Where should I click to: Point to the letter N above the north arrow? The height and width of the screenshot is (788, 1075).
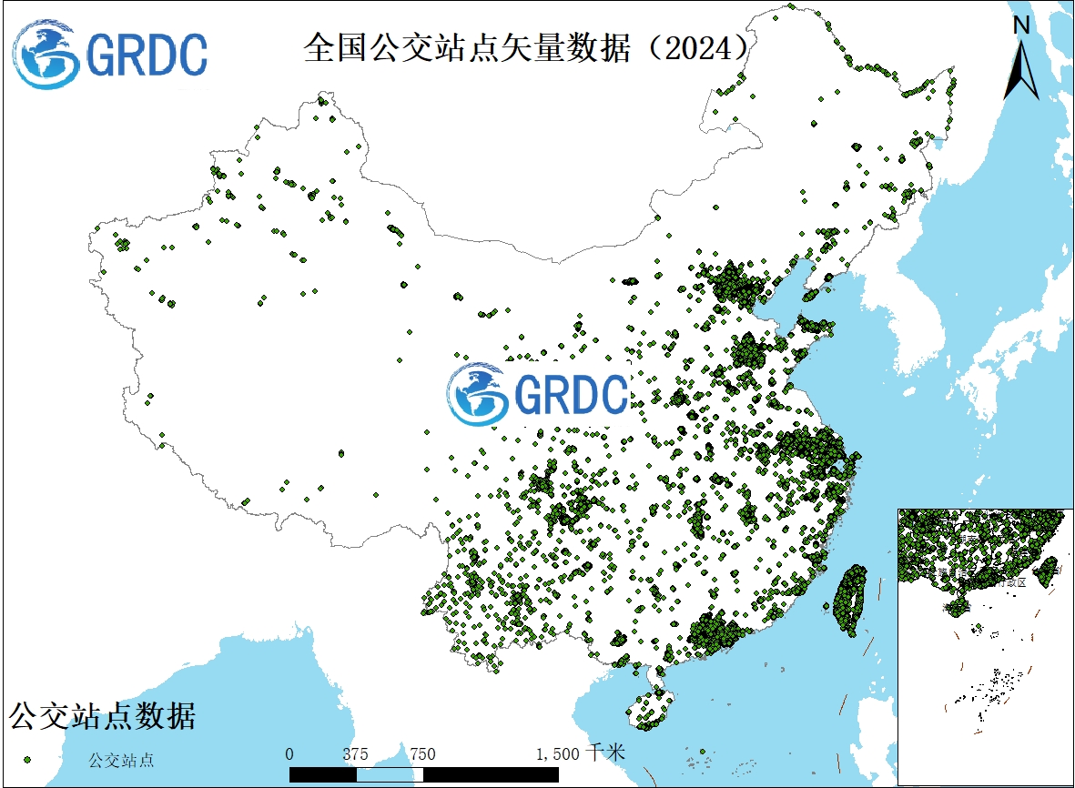point(1021,26)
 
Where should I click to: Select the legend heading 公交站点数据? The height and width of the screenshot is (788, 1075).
point(102,716)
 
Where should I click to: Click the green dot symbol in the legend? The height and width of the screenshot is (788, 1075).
point(27,758)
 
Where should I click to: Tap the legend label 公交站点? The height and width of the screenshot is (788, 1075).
point(121,759)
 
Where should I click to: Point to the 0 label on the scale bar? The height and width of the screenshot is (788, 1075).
point(289,754)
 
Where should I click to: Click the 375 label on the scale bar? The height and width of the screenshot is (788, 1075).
point(355,754)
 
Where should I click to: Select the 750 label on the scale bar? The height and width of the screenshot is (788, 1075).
point(422,754)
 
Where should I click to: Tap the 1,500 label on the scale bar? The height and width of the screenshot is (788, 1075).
point(557,754)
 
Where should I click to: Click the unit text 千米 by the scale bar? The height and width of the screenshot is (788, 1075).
point(607,753)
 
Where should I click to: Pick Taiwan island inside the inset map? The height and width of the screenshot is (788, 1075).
point(1048,570)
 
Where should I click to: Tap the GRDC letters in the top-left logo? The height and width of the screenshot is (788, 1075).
point(147,56)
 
